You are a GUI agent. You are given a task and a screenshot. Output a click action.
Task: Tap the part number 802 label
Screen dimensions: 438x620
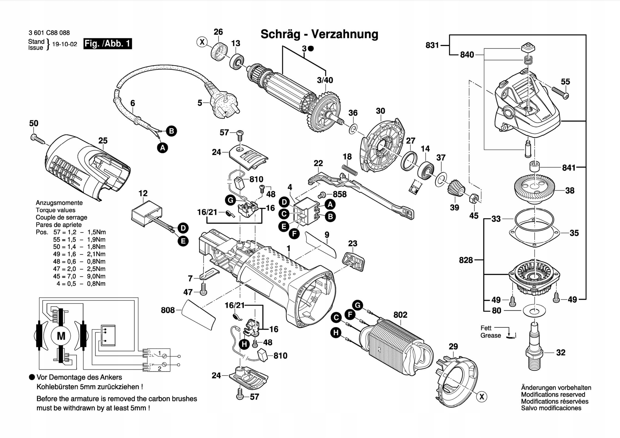400,315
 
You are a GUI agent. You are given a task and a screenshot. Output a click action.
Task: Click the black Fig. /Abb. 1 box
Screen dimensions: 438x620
107,44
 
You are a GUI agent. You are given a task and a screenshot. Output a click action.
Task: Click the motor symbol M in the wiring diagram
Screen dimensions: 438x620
61,336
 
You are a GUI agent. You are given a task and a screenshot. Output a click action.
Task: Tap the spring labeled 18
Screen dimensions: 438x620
349,170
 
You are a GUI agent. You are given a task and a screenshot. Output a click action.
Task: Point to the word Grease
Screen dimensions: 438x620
490,336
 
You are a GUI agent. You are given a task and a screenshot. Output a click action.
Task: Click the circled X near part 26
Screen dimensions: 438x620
202,42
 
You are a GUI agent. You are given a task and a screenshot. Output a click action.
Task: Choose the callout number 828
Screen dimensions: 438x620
466,260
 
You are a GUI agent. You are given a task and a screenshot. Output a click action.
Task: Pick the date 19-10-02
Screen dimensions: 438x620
64,44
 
